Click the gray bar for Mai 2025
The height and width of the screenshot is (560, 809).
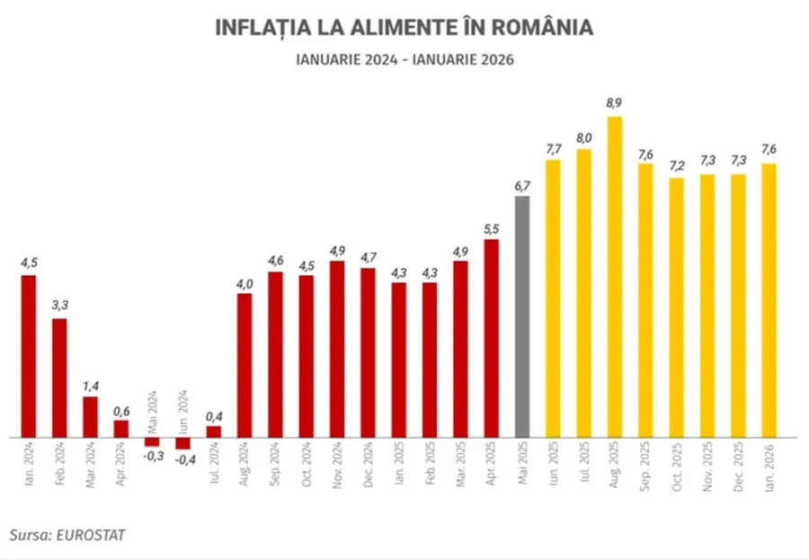[x=522, y=316]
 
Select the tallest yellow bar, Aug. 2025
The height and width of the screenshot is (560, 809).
[x=615, y=277]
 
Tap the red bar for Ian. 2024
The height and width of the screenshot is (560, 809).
[x=29, y=356]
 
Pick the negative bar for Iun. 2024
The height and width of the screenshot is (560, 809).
[x=182, y=443]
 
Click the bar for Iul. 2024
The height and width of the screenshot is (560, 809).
[x=214, y=431]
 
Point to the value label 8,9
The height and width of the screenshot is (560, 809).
[x=615, y=103]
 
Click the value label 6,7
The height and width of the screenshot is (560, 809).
[x=522, y=186]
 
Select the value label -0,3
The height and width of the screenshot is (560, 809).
[x=152, y=457]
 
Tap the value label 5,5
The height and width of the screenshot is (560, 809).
[x=492, y=229]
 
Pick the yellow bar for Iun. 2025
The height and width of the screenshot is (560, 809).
[x=553, y=298]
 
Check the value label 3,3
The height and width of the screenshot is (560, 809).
[x=59, y=306]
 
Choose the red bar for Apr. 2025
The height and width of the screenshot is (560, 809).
[x=492, y=338]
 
